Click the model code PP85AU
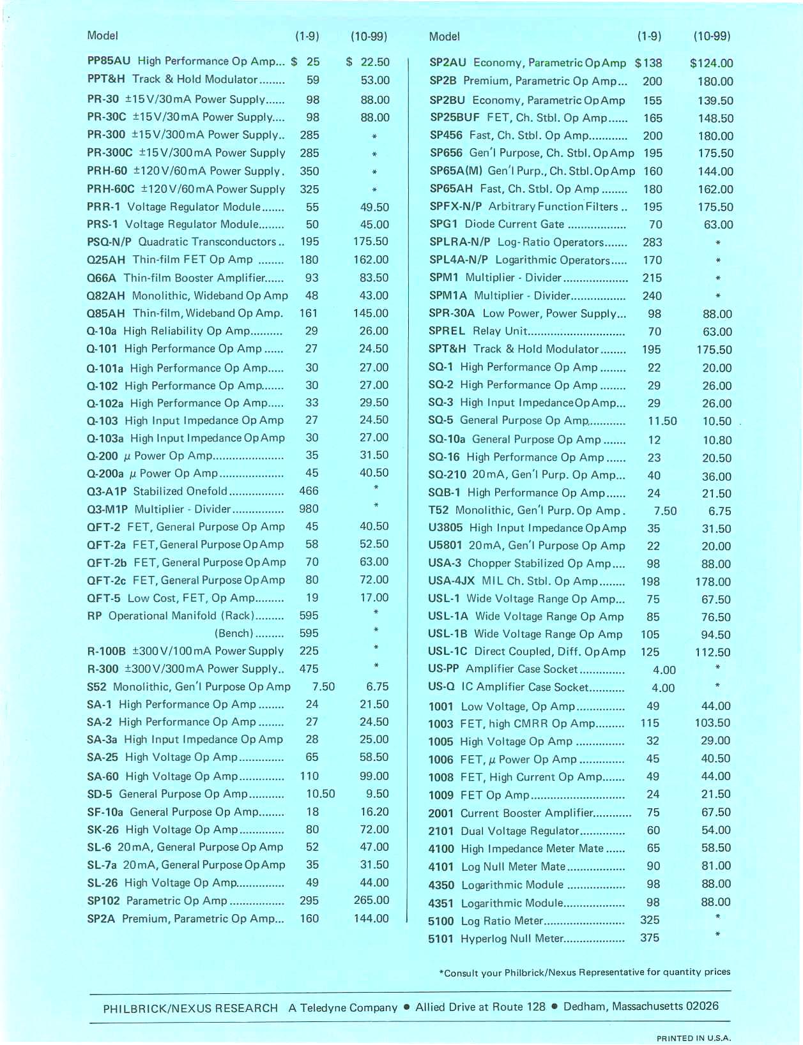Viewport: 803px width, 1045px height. tap(109, 61)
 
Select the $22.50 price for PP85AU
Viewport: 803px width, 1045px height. tap(368, 62)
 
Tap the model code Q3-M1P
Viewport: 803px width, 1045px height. tap(107, 509)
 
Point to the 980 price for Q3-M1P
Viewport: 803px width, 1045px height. tap(309, 509)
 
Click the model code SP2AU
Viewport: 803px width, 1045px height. tap(448, 63)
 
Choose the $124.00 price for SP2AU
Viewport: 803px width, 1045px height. tap(711, 63)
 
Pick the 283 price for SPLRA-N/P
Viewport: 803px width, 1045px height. tap(652, 243)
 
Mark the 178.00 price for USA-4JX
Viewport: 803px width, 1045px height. tap(713, 582)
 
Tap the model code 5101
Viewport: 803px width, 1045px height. tap(441, 939)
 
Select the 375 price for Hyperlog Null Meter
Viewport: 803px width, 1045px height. tap(650, 938)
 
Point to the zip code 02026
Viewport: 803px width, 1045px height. tap(702, 1006)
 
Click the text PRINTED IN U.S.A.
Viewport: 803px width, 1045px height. tap(694, 1039)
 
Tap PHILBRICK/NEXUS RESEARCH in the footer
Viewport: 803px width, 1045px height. tap(190, 1009)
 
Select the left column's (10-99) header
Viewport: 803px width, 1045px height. tap(369, 36)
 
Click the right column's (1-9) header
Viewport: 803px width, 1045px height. tap(649, 36)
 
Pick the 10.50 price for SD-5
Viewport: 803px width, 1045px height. tap(321, 794)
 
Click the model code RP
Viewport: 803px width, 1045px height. tap(95, 616)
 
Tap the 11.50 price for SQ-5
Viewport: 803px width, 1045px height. tap(662, 421)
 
